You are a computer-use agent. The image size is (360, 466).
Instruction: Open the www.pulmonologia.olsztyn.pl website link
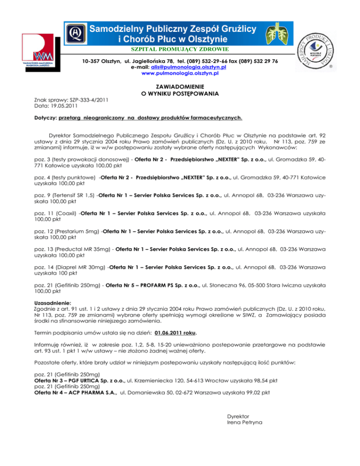(180, 74)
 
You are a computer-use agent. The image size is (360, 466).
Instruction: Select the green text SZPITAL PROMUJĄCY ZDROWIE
(180, 49)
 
